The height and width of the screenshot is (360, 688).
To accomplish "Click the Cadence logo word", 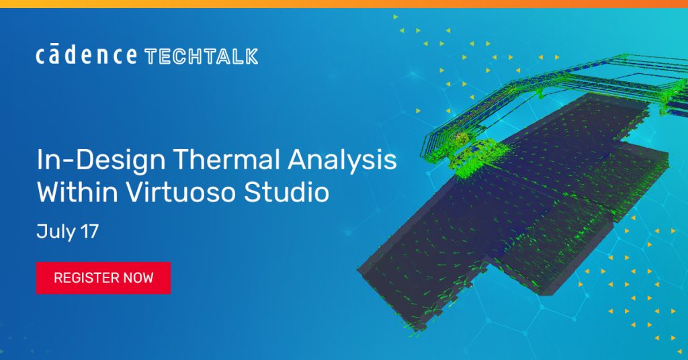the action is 86,54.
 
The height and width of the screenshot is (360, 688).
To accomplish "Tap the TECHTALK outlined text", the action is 201,56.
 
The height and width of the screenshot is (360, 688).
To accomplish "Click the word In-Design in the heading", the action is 101,161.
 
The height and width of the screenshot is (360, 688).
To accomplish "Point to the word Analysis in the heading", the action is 342,161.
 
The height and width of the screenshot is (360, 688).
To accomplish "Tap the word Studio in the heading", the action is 286,191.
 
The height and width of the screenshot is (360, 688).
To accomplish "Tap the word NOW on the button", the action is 138,277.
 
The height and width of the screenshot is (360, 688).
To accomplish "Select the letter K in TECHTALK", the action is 251,56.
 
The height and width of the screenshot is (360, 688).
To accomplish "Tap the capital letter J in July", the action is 41,232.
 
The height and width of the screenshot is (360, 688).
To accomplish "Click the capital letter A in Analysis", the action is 298,159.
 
